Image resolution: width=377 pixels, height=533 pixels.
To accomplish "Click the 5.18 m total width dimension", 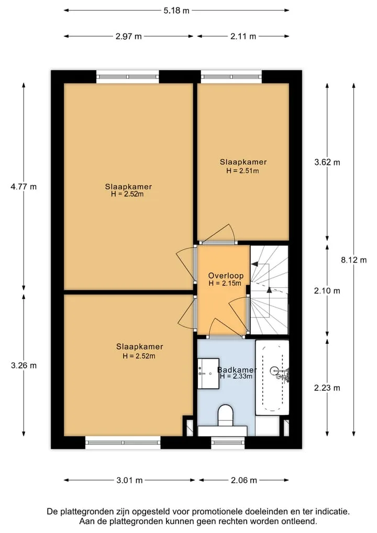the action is tap(176, 10).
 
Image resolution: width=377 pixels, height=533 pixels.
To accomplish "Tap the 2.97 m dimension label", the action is tap(129, 36).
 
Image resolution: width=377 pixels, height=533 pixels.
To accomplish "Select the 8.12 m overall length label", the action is tap(354, 260).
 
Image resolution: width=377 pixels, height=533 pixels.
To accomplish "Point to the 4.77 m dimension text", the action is tap(24, 187).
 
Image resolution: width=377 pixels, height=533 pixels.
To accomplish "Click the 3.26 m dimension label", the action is tap(24, 365).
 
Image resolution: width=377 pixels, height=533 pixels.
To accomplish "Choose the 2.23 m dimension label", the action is tap(327, 388).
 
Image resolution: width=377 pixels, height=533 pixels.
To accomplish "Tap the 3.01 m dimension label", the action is tap(129, 480).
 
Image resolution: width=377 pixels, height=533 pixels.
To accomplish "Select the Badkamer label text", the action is tap(237, 370).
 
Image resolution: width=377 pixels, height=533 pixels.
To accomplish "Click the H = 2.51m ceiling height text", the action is tap(242, 171).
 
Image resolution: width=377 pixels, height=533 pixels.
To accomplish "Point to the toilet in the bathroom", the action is tap(226, 415).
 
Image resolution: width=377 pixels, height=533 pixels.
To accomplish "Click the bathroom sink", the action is tap(208, 373).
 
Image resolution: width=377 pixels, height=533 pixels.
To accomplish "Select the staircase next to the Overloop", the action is tap(269, 290).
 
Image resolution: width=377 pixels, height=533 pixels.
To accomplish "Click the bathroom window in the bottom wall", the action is tap(228, 442).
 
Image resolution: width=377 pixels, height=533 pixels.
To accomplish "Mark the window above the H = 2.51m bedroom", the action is tap(231, 77).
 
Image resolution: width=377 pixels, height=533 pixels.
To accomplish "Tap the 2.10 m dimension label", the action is tap(327, 291).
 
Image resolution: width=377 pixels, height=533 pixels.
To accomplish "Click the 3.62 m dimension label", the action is tap(327, 162).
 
